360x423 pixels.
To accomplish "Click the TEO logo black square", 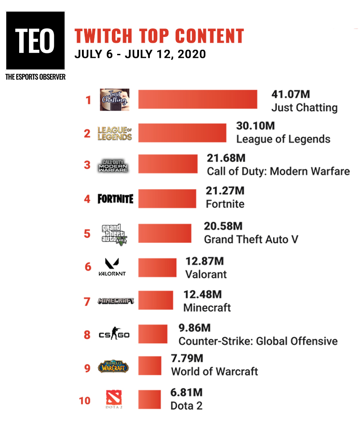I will (x=35, y=41).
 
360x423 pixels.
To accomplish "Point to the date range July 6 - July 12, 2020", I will (x=140, y=54).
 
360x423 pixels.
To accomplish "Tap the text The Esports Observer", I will (x=35, y=77).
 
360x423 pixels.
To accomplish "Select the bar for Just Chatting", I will (x=197, y=99).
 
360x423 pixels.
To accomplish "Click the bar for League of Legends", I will (x=182, y=133).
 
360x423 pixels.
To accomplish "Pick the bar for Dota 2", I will (x=150, y=399).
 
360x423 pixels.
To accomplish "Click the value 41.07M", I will (x=290, y=94).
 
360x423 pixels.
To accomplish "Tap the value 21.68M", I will (x=226, y=158).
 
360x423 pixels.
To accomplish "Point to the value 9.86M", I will (x=194, y=328).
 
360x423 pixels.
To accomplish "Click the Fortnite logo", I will (x=115, y=199).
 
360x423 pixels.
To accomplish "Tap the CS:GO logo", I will (x=114, y=334).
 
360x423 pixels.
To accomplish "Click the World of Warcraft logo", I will (x=113, y=366).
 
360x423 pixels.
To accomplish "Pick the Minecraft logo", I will (x=116, y=301).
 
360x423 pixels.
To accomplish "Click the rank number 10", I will (x=85, y=401).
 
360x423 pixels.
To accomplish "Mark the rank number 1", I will (x=88, y=100).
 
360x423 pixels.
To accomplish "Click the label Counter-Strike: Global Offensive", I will (x=258, y=342).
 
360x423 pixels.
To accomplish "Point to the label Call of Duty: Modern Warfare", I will (x=278, y=171).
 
